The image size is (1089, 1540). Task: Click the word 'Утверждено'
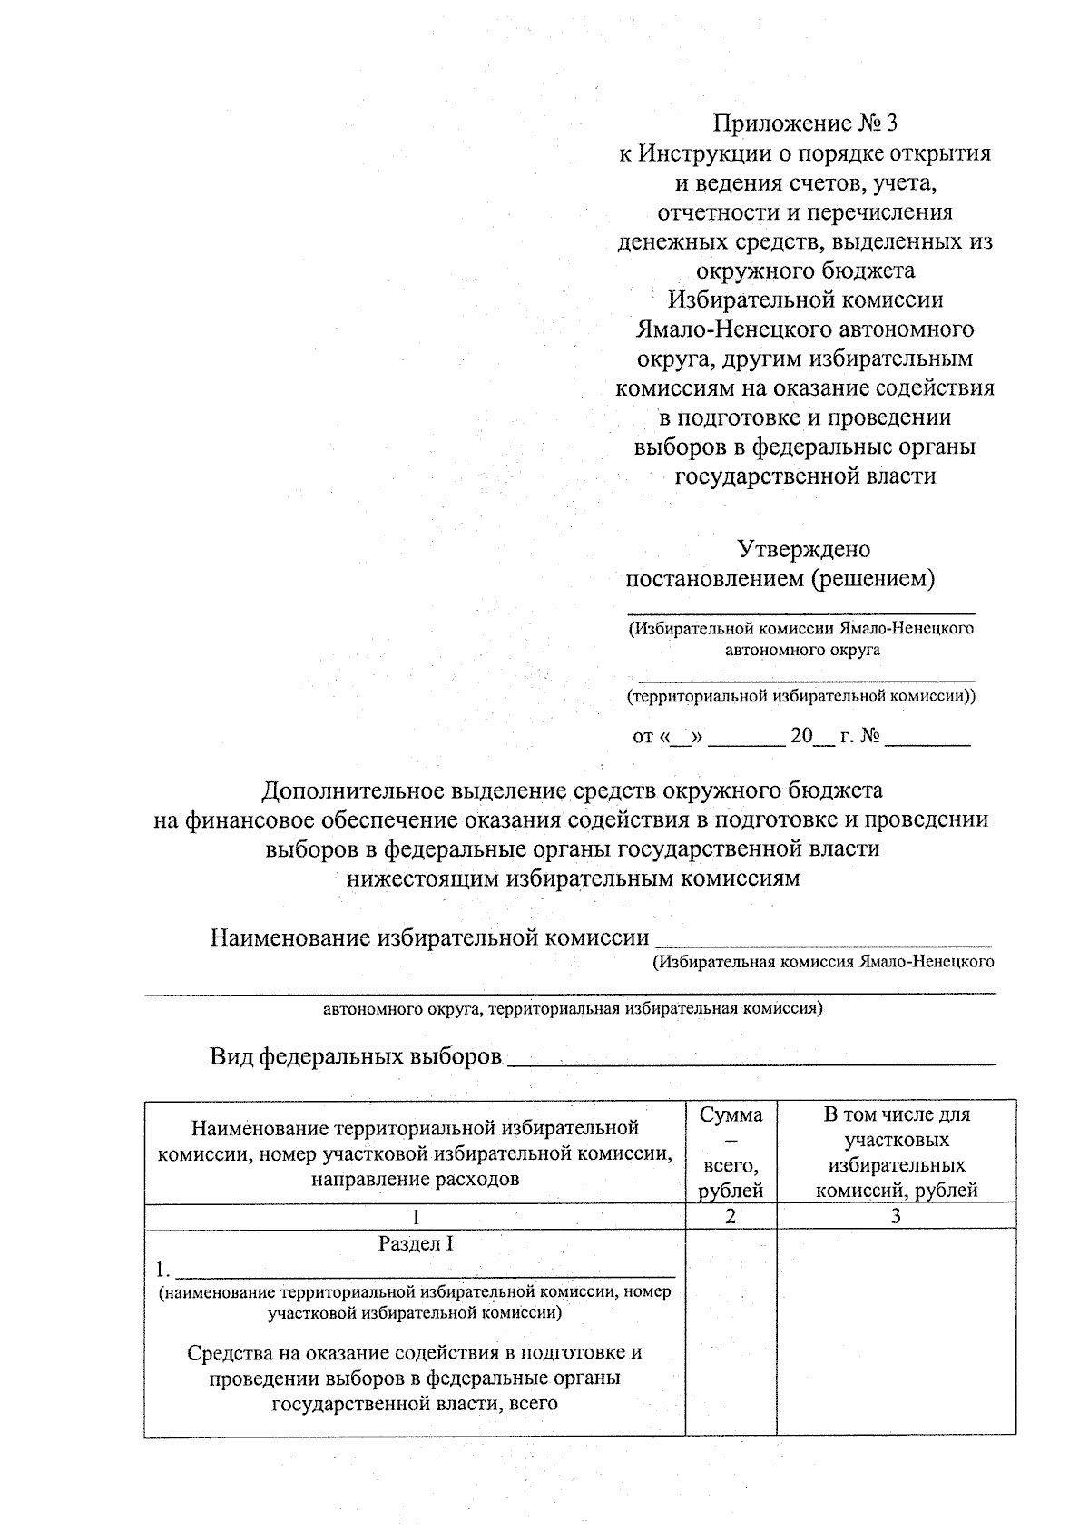click(x=803, y=549)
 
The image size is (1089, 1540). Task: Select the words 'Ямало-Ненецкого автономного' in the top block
click(x=805, y=329)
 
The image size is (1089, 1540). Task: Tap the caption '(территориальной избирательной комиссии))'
click(x=802, y=696)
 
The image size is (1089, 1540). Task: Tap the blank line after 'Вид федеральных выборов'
click(x=751, y=1058)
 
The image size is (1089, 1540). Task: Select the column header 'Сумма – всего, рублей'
click(x=731, y=1152)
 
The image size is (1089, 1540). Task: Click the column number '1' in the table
click(x=415, y=1216)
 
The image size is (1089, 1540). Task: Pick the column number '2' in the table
click(x=731, y=1216)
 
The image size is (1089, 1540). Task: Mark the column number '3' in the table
click(x=896, y=1216)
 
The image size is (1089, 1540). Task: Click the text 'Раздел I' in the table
click(x=415, y=1243)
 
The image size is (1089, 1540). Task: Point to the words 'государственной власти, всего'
click(x=415, y=1403)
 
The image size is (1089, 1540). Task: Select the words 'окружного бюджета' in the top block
click(x=805, y=270)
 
